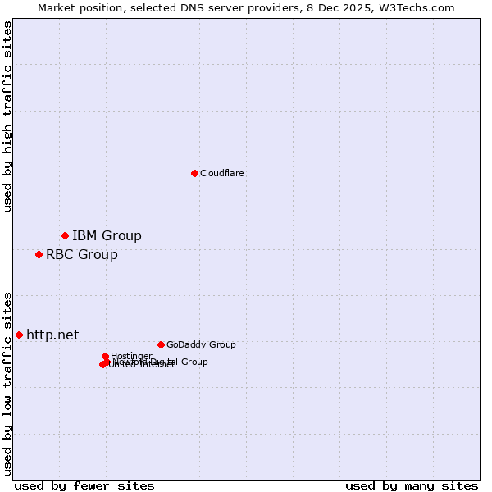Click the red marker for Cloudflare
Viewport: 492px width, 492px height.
click(x=194, y=173)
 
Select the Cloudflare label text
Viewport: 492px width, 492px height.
click(x=222, y=173)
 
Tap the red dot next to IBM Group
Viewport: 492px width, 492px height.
click(x=65, y=236)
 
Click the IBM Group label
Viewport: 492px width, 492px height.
click(x=107, y=236)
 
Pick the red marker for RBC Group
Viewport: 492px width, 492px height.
click(x=39, y=254)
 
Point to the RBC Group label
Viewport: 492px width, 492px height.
click(x=82, y=254)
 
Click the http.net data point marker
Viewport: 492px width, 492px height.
click(x=19, y=335)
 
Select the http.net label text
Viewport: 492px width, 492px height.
click(x=52, y=335)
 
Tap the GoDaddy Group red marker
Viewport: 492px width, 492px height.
click(x=161, y=344)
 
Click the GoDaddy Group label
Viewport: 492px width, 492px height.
click(x=201, y=344)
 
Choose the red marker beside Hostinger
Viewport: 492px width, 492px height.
click(x=105, y=356)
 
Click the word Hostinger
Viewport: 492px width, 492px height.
click(x=132, y=355)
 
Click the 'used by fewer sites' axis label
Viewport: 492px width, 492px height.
click(x=84, y=485)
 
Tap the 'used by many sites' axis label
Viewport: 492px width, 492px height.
click(x=412, y=485)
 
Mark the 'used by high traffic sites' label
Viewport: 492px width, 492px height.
click(x=7, y=116)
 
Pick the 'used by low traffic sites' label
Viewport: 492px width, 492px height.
click(x=7, y=383)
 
